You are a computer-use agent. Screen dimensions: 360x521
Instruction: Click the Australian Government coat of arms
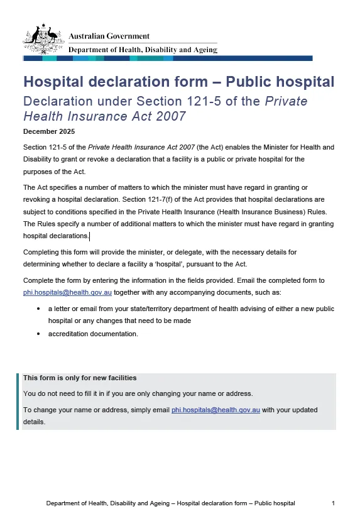(x=43, y=39)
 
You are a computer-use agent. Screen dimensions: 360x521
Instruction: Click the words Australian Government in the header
(x=109, y=36)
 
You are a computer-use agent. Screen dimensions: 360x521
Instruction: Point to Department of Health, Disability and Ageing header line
(x=143, y=50)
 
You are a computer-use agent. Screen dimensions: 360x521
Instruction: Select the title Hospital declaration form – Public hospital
(x=178, y=82)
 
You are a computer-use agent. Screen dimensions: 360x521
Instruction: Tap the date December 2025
(x=49, y=131)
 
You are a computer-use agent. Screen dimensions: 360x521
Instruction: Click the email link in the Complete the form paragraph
(x=67, y=292)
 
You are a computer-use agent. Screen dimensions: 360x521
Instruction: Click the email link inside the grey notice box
(x=215, y=410)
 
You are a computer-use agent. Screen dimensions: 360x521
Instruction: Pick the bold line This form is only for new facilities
(x=80, y=378)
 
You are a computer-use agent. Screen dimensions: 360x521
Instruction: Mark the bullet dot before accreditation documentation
(x=39, y=334)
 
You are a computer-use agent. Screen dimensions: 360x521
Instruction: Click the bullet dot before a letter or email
(x=39, y=309)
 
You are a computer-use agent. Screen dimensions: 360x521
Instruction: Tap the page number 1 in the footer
(x=333, y=503)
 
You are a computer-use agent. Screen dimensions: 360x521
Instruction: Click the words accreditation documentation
(x=93, y=334)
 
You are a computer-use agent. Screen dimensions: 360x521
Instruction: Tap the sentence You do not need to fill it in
(x=138, y=393)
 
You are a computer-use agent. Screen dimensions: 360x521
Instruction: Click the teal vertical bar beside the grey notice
(x=18, y=401)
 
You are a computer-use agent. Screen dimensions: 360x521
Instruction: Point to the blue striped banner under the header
(x=167, y=58)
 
